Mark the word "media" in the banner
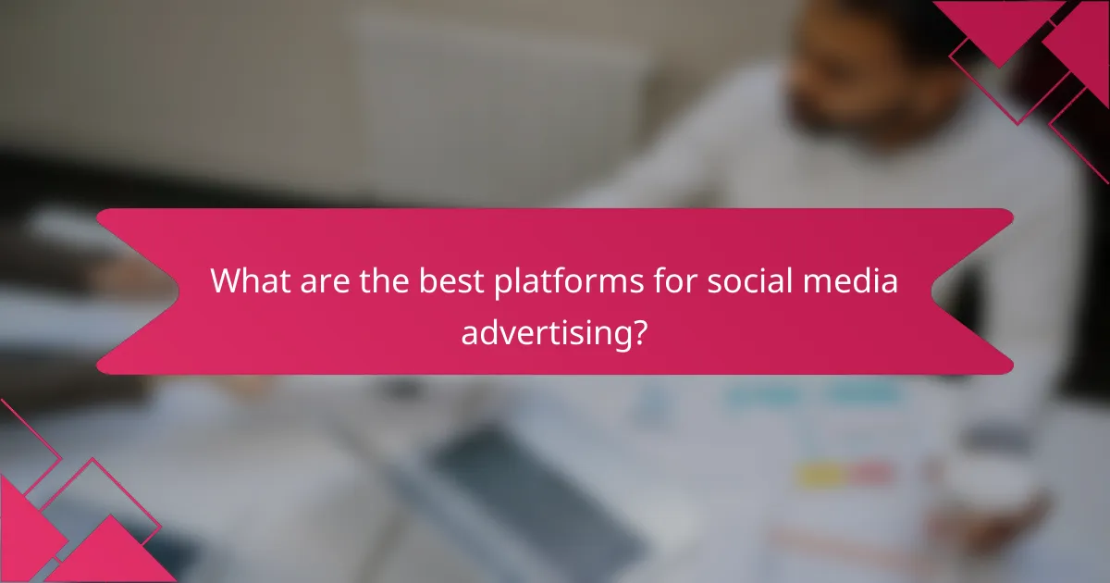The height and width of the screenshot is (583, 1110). click(849, 280)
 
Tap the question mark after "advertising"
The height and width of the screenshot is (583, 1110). click(637, 330)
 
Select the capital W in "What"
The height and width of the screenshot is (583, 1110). click(226, 280)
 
